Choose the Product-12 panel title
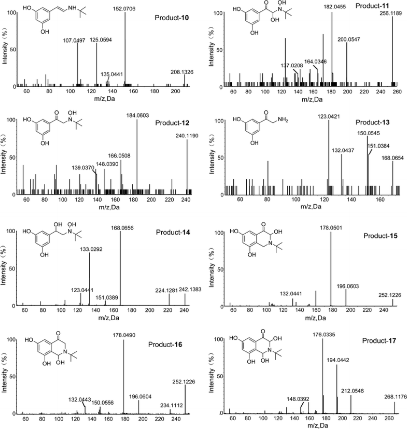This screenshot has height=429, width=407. [x=173, y=124]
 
